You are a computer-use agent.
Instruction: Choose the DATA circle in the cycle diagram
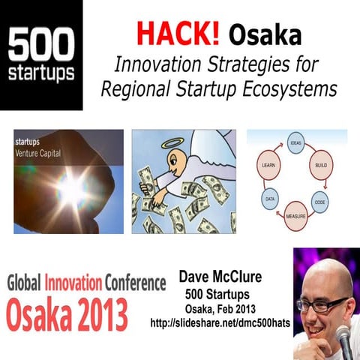click(x=271, y=200)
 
